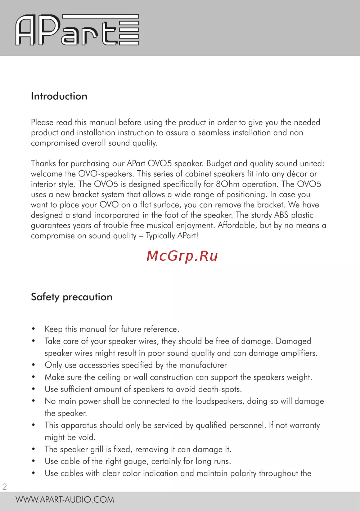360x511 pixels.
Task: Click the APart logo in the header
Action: [x=77, y=30]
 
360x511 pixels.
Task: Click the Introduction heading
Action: [x=59, y=96]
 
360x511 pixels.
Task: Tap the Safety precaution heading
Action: [x=72, y=297]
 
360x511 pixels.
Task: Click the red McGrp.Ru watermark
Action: [x=182, y=256]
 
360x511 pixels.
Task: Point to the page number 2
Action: [x=5, y=487]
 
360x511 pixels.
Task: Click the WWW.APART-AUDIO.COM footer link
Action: [x=65, y=499]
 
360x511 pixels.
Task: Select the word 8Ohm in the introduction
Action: [x=228, y=184]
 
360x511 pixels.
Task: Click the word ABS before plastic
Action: [x=281, y=215]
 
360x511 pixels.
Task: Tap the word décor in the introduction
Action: [x=297, y=174]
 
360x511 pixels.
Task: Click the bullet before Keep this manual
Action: [x=33, y=329]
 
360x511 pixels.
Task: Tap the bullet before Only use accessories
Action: [x=33, y=365]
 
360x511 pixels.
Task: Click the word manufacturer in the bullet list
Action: [x=203, y=365]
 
